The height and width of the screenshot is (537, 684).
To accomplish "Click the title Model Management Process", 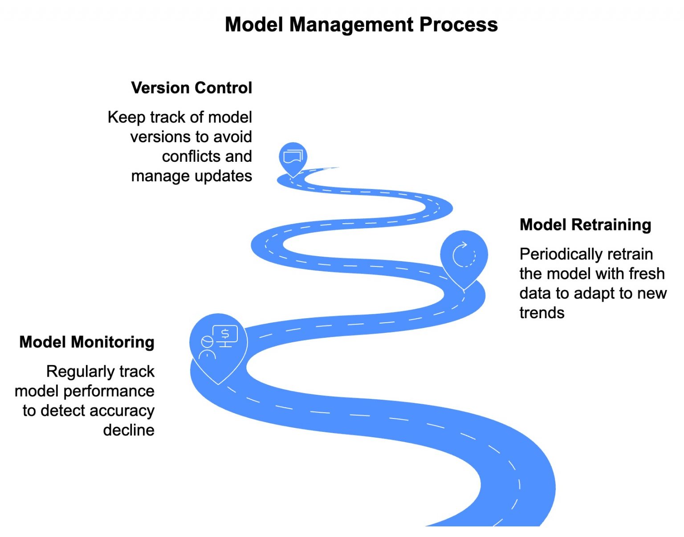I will [x=361, y=24].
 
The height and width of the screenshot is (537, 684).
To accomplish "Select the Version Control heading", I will [x=191, y=88].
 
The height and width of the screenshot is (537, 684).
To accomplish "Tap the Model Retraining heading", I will [x=585, y=225].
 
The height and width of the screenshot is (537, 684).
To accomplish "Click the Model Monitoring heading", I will [x=87, y=342].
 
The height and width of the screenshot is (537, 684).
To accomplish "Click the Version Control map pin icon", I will [x=293, y=157].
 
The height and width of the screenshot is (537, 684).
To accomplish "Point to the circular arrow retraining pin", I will [x=464, y=255].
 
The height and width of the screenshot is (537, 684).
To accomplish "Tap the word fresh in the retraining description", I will [x=647, y=274].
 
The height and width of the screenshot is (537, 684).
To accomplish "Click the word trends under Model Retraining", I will [x=541, y=313].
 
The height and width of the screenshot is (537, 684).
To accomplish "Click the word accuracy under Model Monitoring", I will [x=126, y=410].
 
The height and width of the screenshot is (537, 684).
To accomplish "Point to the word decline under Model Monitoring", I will [x=129, y=430].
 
